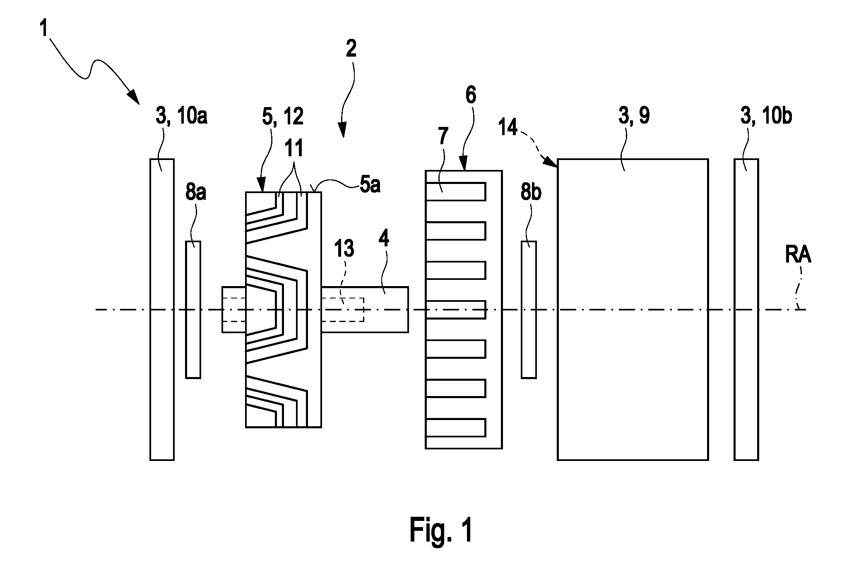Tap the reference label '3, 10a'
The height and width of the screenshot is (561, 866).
click(181, 116)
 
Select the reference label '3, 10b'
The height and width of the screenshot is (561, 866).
click(766, 116)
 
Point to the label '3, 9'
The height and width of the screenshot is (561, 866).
click(634, 116)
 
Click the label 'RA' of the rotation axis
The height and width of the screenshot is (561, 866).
click(798, 256)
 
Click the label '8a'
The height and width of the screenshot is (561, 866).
click(195, 193)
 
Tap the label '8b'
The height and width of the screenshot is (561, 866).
click(530, 193)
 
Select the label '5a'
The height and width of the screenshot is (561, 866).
click(370, 186)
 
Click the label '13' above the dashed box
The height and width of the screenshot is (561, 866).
click(344, 249)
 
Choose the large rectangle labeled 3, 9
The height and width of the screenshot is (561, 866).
click(633, 309)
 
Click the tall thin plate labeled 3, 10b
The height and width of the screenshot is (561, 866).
click(746, 309)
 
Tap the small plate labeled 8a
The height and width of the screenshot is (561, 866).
click(193, 310)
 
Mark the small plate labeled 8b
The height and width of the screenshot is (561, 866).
click(529, 310)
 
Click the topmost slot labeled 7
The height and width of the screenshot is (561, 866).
click(455, 191)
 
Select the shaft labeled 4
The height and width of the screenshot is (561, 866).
click(365, 309)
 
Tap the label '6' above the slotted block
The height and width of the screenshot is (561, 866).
click(471, 95)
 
